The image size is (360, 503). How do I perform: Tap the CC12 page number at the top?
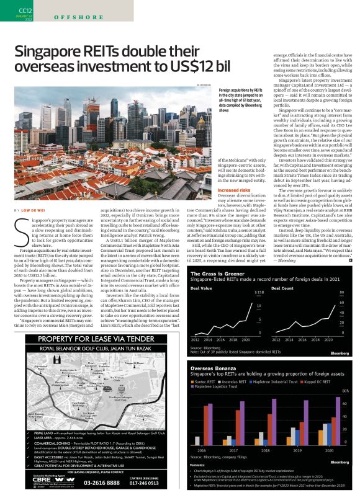tap(25, 11)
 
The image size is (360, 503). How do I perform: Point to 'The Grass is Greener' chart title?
tap(215, 274)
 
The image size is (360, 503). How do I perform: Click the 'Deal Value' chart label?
tap(201, 288)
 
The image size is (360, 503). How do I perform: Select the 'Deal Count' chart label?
tap(283, 288)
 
